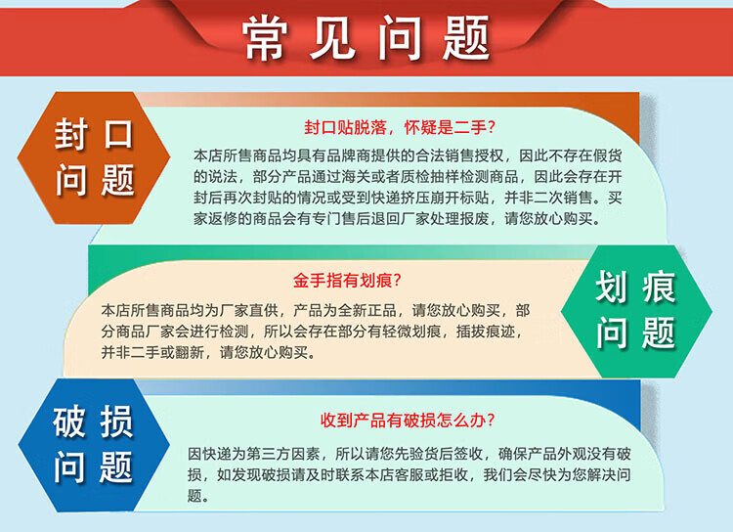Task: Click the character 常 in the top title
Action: pyautogui.click(x=264, y=38)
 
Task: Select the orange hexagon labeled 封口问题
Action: pyautogui.click(x=94, y=157)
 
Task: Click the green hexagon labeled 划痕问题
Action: pyautogui.click(x=636, y=311)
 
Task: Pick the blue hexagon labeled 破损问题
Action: pyautogui.click(x=94, y=445)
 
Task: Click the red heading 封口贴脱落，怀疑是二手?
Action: pyautogui.click(x=399, y=127)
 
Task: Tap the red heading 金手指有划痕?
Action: pyautogui.click(x=347, y=281)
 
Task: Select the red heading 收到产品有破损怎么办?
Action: pyautogui.click(x=408, y=421)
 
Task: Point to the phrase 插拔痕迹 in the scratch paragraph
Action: pyautogui.click(x=486, y=332)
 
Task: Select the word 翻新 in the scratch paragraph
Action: pyautogui.click(x=190, y=352)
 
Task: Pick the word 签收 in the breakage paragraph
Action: pyautogui.click(x=468, y=454)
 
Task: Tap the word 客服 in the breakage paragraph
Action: pyautogui.click(x=410, y=474)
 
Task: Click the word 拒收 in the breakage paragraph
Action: pyautogui.click(x=453, y=474)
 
